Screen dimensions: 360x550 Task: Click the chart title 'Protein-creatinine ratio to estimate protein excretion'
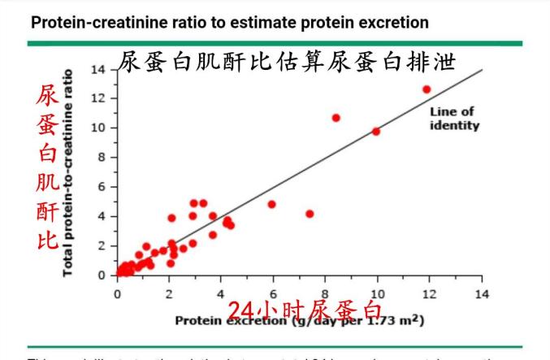(x=229, y=22)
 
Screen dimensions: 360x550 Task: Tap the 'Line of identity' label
(x=453, y=119)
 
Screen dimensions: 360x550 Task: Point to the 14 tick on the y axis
(x=99, y=69)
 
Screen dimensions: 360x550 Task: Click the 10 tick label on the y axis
(x=99, y=128)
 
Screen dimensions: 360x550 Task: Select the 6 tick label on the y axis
(x=102, y=187)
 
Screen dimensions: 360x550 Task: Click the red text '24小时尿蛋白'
(x=303, y=311)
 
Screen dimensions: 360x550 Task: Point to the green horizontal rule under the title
(x=276, y=42)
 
